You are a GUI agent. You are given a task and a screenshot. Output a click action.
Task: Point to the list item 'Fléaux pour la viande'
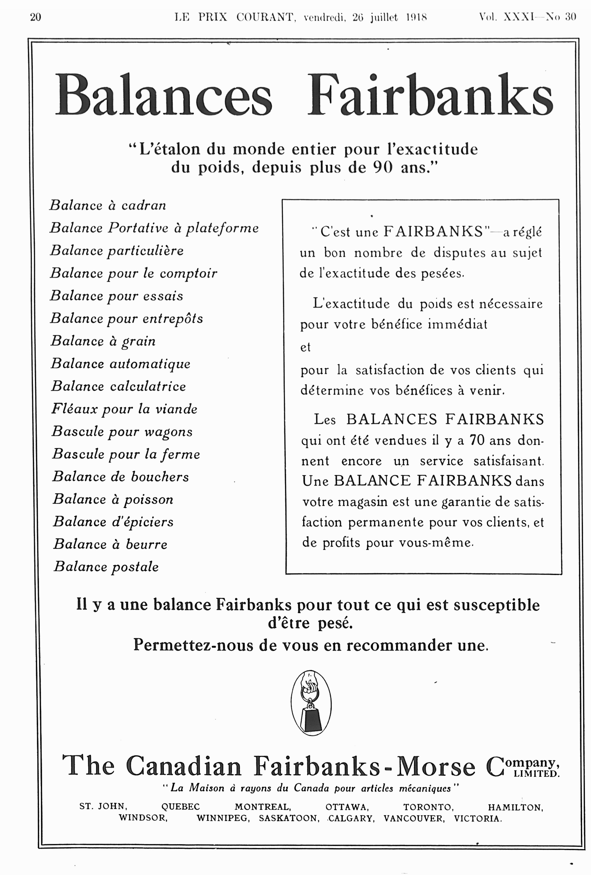pos(124,409)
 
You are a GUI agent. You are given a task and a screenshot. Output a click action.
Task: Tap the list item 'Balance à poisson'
pos(113,500)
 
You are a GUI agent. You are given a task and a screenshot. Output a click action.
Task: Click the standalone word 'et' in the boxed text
pos(305,347)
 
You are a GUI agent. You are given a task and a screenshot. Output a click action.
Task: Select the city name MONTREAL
pos(262,807)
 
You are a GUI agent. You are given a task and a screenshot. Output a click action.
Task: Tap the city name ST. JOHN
pos(103,806)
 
